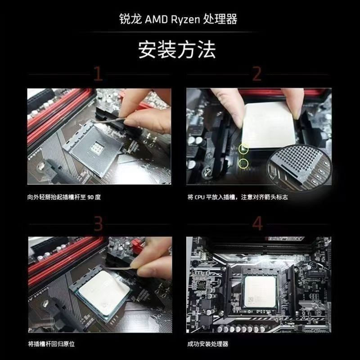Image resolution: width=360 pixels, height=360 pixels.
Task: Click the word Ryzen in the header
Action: click(185, 19)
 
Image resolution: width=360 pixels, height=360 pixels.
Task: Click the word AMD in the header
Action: click(156, 19)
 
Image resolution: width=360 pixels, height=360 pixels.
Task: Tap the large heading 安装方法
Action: click(177, 49)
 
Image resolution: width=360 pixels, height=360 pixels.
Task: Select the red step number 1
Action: click(98, 74)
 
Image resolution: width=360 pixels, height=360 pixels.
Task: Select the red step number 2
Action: click(257, 74)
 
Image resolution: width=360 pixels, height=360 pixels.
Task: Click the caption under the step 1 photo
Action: click(64, 197)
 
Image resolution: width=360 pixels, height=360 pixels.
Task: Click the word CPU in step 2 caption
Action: click(199, 197)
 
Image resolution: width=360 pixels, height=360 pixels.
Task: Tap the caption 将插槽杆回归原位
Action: click(51, 344)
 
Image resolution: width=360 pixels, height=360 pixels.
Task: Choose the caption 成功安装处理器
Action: click(207, 344)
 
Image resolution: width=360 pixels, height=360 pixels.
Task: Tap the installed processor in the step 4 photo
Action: click(260, 292)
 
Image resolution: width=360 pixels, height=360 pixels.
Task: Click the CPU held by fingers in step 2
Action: click(269, 125)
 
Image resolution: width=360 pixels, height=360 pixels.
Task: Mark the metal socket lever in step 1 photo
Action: click(108, 120)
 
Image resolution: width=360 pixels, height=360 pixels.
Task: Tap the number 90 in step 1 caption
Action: click(90, 197)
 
